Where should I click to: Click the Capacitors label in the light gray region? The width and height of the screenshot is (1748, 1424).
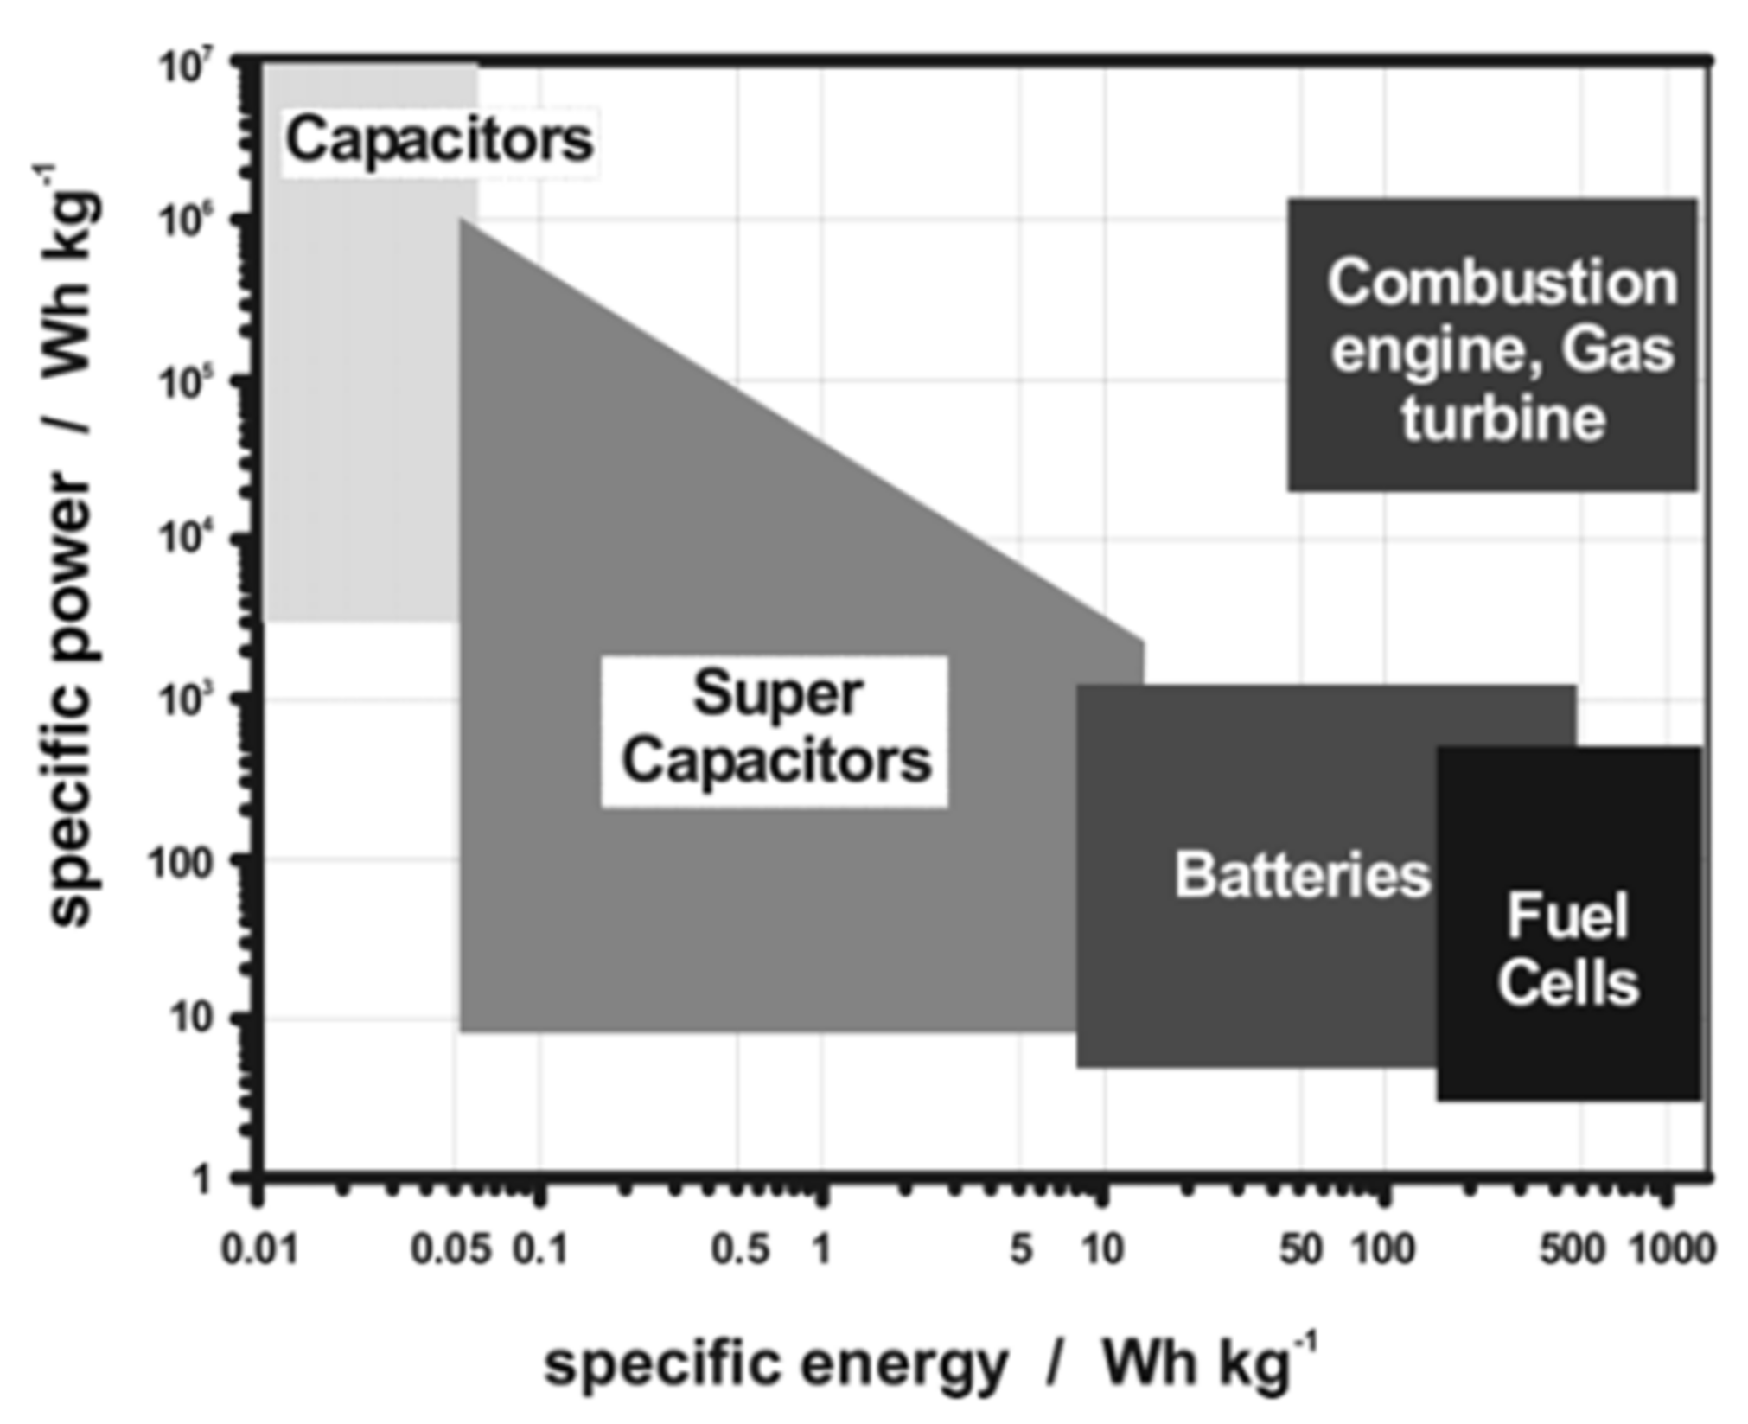click(x=439, y=140)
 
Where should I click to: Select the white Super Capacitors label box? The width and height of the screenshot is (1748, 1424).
click(x=775, y=731)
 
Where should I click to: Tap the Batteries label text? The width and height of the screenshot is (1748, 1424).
click(x=1302, y=875)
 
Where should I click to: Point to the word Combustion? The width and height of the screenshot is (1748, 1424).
click(x=1502, y=283)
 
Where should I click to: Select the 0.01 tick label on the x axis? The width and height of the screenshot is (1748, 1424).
click(x=259, y=1249)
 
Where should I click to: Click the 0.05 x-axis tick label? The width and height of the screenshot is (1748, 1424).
click(x=450, y=1249)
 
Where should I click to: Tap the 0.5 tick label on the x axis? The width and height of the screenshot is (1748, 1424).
click(x=740, y=1249)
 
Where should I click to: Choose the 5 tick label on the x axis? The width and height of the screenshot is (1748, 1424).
click(x=1021, y=1249)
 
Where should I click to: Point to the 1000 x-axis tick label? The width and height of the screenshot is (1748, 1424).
click(x=1672, y=1249)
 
